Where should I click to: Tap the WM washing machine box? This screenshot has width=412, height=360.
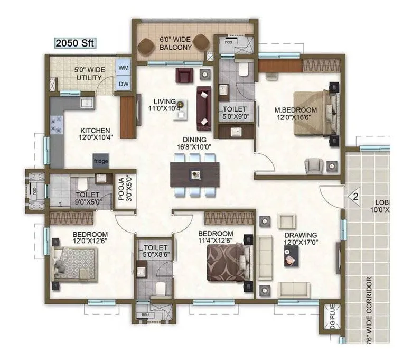pyautogui.click(x=123, y=68)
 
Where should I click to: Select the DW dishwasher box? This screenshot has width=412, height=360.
pyautogui.click(x=123, y=84)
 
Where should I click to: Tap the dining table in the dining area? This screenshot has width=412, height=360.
pyautogui.click(x=195, y=174)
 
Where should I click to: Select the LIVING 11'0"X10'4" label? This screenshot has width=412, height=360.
pyautogui.click(x=165, y=105)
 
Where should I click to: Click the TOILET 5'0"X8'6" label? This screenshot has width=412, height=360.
pyautogui.click(x=155, y=251)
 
